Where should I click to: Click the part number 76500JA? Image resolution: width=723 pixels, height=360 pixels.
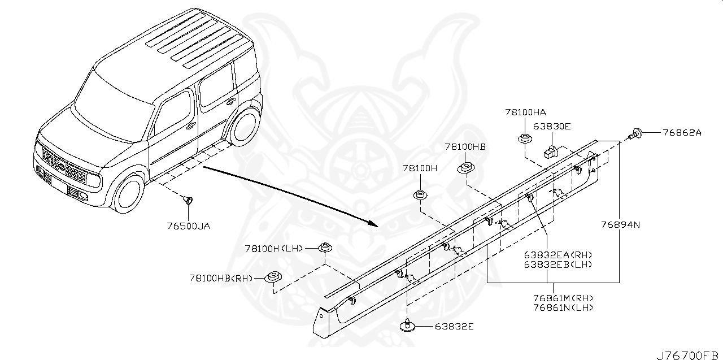coord(188,226)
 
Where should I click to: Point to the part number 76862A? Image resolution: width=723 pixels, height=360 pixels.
coord(681,133)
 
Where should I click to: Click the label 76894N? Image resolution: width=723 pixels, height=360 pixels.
coord(620,224)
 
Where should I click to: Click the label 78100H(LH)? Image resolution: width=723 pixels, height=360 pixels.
coord(274,248)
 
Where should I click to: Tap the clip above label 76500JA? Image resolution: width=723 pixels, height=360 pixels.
coord(188,199)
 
